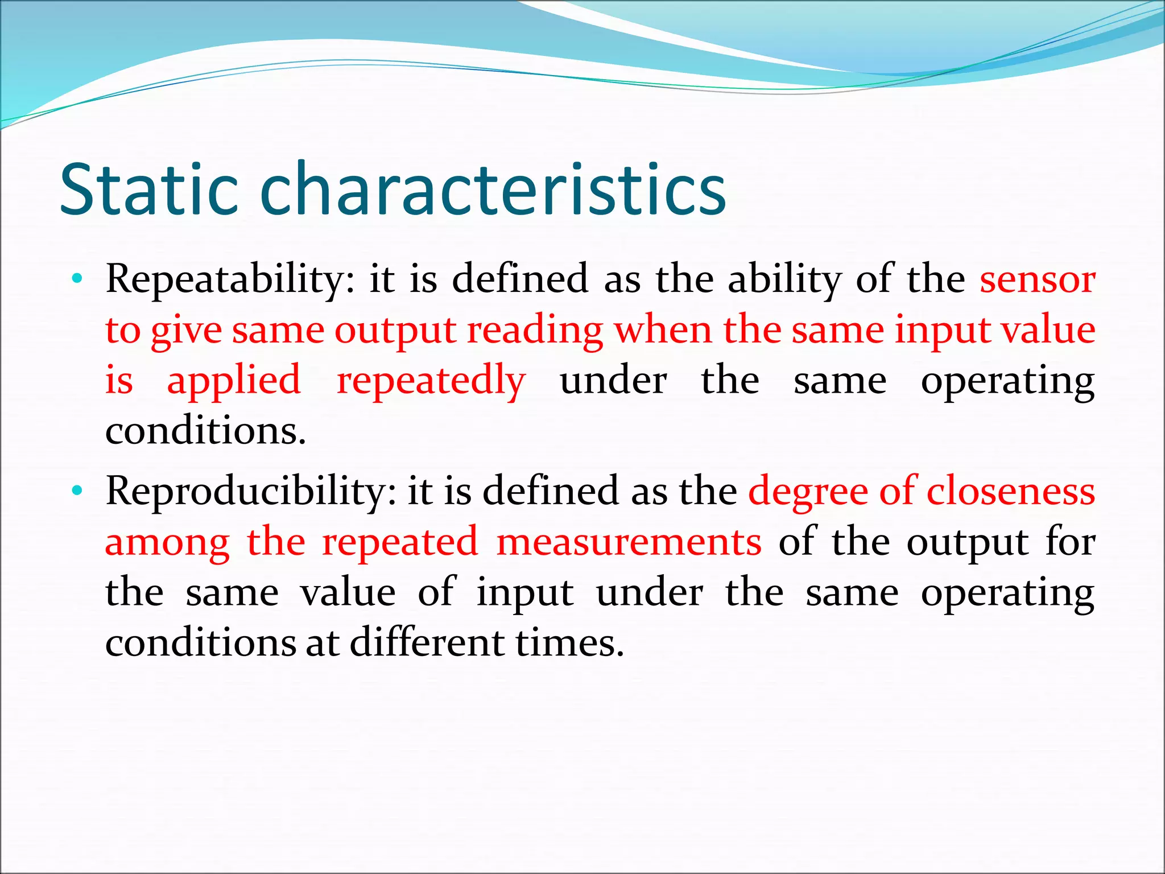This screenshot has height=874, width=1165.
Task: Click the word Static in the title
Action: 148,189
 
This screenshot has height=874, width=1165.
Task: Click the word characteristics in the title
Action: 493,189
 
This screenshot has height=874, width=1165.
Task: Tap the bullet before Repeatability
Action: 77,279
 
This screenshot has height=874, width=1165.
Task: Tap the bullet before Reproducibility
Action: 77,490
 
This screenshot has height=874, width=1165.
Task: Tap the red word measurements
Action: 628,542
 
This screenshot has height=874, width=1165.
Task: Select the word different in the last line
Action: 427,643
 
